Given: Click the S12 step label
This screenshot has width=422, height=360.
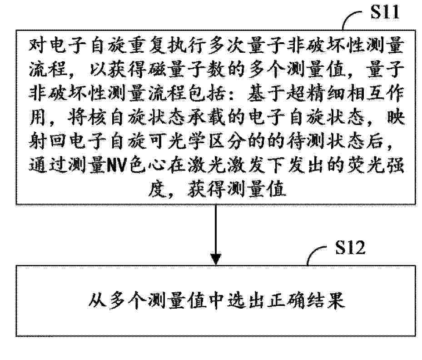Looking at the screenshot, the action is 350,247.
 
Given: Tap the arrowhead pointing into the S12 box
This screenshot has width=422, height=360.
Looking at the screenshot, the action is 216,259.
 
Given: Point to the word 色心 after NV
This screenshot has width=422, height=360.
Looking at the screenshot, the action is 146,165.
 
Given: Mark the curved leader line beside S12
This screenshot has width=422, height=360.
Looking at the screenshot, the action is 317,254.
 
